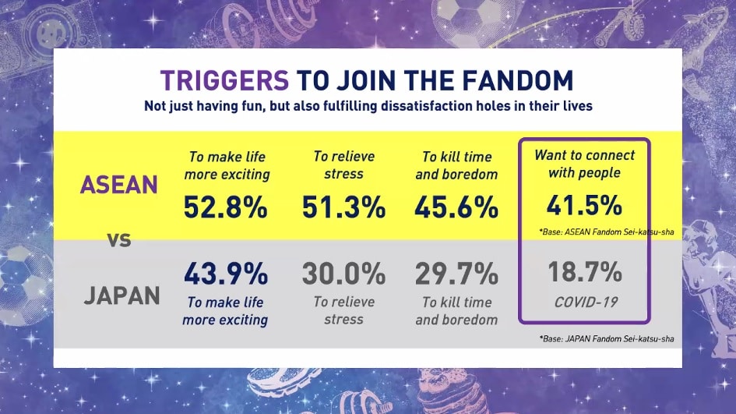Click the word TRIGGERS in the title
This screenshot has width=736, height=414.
click(224, 80)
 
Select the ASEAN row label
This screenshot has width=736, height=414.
click(118, 185)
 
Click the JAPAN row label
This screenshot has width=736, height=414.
click(121, 295)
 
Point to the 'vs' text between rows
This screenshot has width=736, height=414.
click(119, 240)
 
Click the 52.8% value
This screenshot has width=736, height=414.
click(225, 207)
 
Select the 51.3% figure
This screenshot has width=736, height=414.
click(343, 207)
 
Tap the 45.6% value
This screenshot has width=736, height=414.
click(456, 207)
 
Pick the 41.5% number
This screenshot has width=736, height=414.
click(584, 205)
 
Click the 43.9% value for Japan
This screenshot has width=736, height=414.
click(225, 274)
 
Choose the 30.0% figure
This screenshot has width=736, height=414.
click(343, 274)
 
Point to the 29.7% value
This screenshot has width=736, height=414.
click(456, 274)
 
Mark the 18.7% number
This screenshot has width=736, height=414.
click(585, 272)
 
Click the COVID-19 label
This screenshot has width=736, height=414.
click(586, 303)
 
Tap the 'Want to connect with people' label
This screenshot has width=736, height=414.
click(584, 164)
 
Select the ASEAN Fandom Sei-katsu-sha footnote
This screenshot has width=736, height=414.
click(607, 232)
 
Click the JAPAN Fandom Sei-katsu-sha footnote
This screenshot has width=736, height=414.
click(607, 339)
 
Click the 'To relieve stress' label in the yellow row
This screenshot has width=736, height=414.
click(344, 165)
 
